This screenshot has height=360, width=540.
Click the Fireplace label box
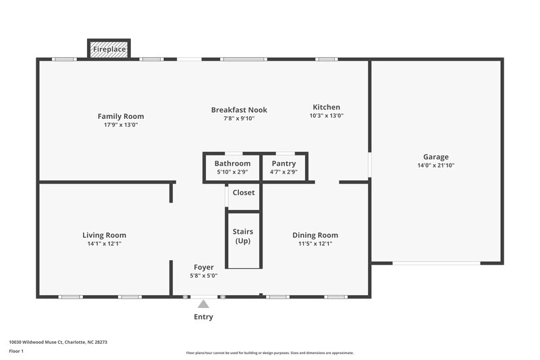[x=109, y=49]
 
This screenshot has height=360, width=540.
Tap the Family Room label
[x=121, y=116]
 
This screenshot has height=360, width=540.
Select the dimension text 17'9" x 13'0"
[x=121, y=125]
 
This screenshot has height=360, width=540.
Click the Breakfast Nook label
[x=239, y=110]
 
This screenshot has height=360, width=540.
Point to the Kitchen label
[x=326, y=107]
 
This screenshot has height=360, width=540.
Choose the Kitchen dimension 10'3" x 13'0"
[x=326, y=115]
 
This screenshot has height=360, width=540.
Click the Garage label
[x=435, y=157]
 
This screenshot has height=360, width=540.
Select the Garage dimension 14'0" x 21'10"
[x=435, y=165]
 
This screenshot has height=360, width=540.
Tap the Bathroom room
[x=232, y=168]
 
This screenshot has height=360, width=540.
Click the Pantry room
[x=284, y=168]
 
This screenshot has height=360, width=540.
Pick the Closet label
[x=243, y=192]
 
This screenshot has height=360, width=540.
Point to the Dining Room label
[x=315, y=235]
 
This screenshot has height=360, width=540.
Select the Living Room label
[x=104, y=235]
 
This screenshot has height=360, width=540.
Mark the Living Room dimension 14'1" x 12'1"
[x=104, y=244]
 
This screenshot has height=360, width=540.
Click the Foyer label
[x=203, y=267]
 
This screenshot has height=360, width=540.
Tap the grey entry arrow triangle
[x=203, y=305]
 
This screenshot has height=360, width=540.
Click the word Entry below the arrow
[x=203, y=317]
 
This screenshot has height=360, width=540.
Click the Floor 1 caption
[x=17, y=352]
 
